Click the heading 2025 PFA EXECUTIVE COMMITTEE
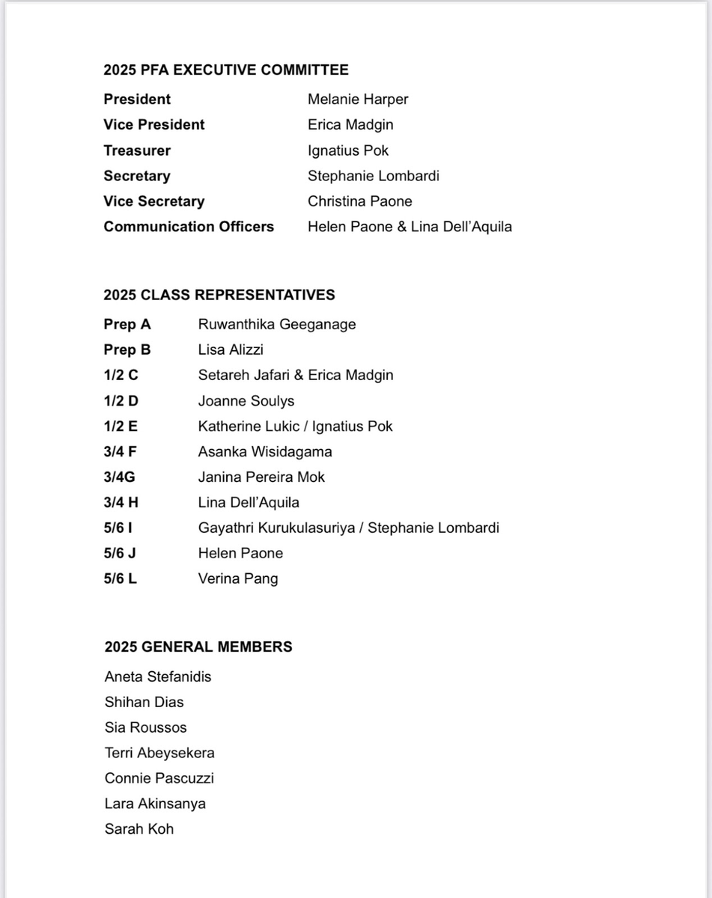pos(226,70)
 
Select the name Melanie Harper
pos(358,100)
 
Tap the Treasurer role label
pos(137,150)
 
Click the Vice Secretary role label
pos(153,201)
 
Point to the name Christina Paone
pos(359,201)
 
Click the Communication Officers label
pos(189,227)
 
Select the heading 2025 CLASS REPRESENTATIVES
pos(219,295)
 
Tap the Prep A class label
pos(127,325)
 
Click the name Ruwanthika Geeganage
pos(277,325)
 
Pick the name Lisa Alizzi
pos(231,350)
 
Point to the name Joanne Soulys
pos(246,401)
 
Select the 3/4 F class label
pos(122,452)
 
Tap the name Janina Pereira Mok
pos(261,477)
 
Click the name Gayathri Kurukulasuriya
pos(275,528)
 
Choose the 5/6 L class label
pos(121,578)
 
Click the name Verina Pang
pos(238,579)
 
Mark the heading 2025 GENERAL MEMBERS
pos(198,647)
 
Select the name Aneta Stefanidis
pos(158,677)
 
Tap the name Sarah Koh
pos(139,829)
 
